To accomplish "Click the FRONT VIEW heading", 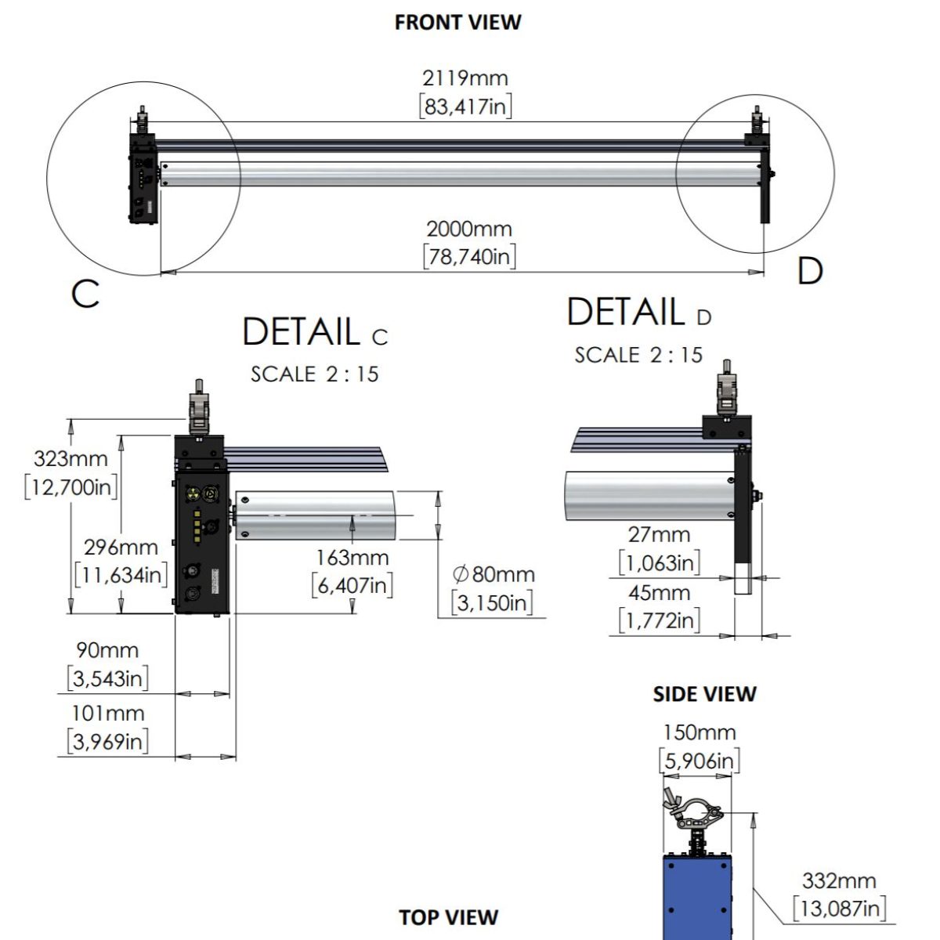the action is tap(457, 23).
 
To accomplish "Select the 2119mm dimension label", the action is tap(465, 78).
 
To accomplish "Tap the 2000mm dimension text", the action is tap(469, 230).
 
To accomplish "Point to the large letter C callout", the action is tap(85, 295).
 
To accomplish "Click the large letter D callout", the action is tap(810, 271).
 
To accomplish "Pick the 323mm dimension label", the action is tap(70, 458).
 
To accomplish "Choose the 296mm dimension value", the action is tap(121, 548).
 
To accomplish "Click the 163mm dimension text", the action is tap(352, 558).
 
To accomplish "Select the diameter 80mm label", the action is tap(493, 575).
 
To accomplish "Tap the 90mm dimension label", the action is tap(107, 650).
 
